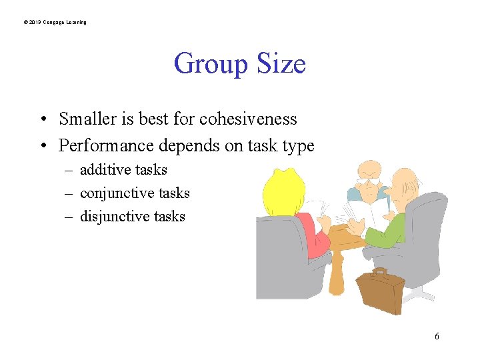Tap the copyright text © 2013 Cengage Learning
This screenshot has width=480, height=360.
[x=55, y=23]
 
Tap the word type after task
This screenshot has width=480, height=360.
[x=297, y=146]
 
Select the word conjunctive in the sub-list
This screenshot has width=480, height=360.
[x=113, y=193]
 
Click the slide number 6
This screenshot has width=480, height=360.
[x=437, y=337]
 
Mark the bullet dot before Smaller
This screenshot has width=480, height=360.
[x=41, y=120]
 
